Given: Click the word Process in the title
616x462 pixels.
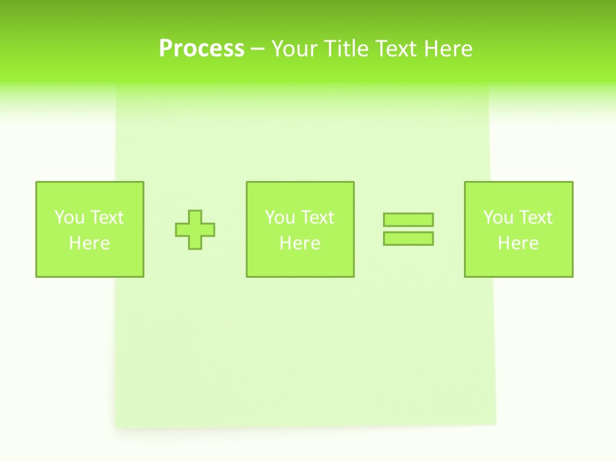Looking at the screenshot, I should pyautogui.click(x=201, y=49).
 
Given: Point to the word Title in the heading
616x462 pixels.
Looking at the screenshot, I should pyautogui.click(x=348, y=49).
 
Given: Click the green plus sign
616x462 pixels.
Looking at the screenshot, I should pyautogui.click(x=195, y=230).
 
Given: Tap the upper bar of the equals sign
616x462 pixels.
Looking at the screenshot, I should pyautogui.click(x=408, y=220).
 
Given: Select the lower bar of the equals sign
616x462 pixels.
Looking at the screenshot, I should pyautogui.click(x=408, y=238).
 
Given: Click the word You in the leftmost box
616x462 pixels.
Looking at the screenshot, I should pyautogui.click(x=69, y=218).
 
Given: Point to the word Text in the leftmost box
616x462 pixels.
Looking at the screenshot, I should pyautogui.click(x=107, y=218).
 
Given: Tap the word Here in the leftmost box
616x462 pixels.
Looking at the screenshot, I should pyautogui.click(x=89, y=243).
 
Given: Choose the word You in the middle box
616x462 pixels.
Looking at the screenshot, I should pyautogui.click(x=280, y=218).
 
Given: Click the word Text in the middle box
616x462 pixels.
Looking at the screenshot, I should pyautogui.click(x=317, y=218).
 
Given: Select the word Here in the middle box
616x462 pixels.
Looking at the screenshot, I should pyautogui.click(x=300, y=243).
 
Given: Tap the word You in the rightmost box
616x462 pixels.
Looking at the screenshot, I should pyautogui.click(x=498, y=218).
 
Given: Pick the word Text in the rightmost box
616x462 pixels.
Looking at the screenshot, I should pyautogui.click(x=535, y=218).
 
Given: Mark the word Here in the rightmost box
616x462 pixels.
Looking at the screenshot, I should pyautogui.click(x=518, y=243).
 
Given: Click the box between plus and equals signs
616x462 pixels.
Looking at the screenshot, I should pyautogui.click(x=300, y=263).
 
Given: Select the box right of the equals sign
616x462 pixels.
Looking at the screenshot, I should pyautogui.click(x=518, y=263).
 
